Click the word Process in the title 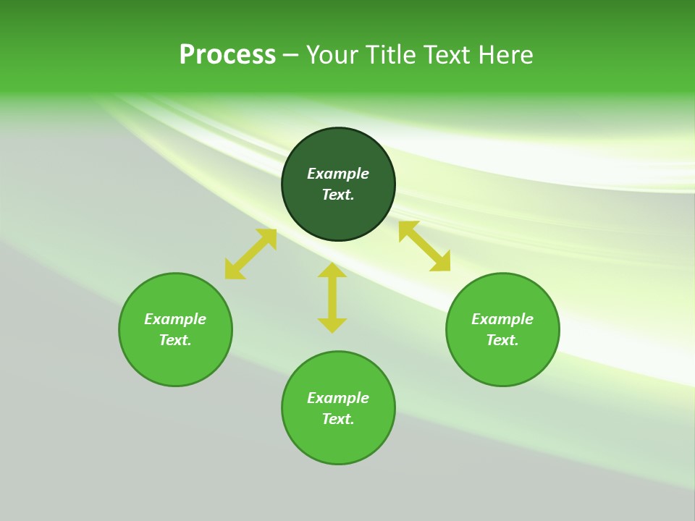pyautogui.click(x=227, y=55)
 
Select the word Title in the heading pyautogui.click(x=393, y=55)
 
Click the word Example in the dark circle pyautogui.click(x=338, y=174)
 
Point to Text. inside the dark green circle pyautogui.click(x=338, y=195)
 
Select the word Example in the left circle pyautogui.click(x=175, y=319)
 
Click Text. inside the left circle pyautogui.click(x=175, y=340)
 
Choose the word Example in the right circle pyautogui.click(x=502, y=319)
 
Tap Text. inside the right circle pyautogui.click(x=502, y=340)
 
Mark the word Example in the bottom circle pyautogui.click(x=338, y=398)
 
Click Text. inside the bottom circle pyautogui.click(x=338, y=419)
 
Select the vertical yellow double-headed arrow pyautogui.click(x=332, y=297)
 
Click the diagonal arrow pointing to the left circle pyautogui.click(x=250, y=254)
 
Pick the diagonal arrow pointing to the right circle pyautogui.click(x=425, y=247)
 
